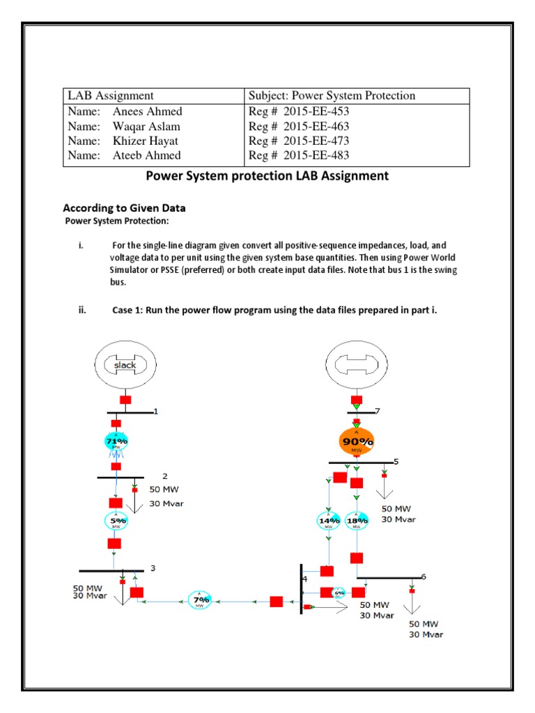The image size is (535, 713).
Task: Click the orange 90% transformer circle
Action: [357, 441]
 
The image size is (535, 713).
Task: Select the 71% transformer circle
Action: [116, 441]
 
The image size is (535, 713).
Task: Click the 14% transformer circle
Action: [328, 521]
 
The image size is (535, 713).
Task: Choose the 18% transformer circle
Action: [357, 521]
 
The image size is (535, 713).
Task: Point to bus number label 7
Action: [378, 412]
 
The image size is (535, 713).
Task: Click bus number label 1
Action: [156, 411]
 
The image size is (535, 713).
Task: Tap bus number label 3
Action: [153, 568]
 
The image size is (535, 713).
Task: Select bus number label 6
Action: [423, 577]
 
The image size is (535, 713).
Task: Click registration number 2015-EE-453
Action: [299, 111]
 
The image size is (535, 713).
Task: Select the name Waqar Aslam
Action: [146, 126]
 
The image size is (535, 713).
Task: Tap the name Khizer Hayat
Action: [146, 141]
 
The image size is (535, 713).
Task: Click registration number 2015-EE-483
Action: [299, 155]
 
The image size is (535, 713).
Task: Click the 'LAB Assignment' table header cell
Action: [110, 95]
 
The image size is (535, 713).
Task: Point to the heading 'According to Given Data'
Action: [124, 207]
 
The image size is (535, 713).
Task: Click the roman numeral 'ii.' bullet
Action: [82, 310]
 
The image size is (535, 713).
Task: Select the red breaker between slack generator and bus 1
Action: [125, 400]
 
